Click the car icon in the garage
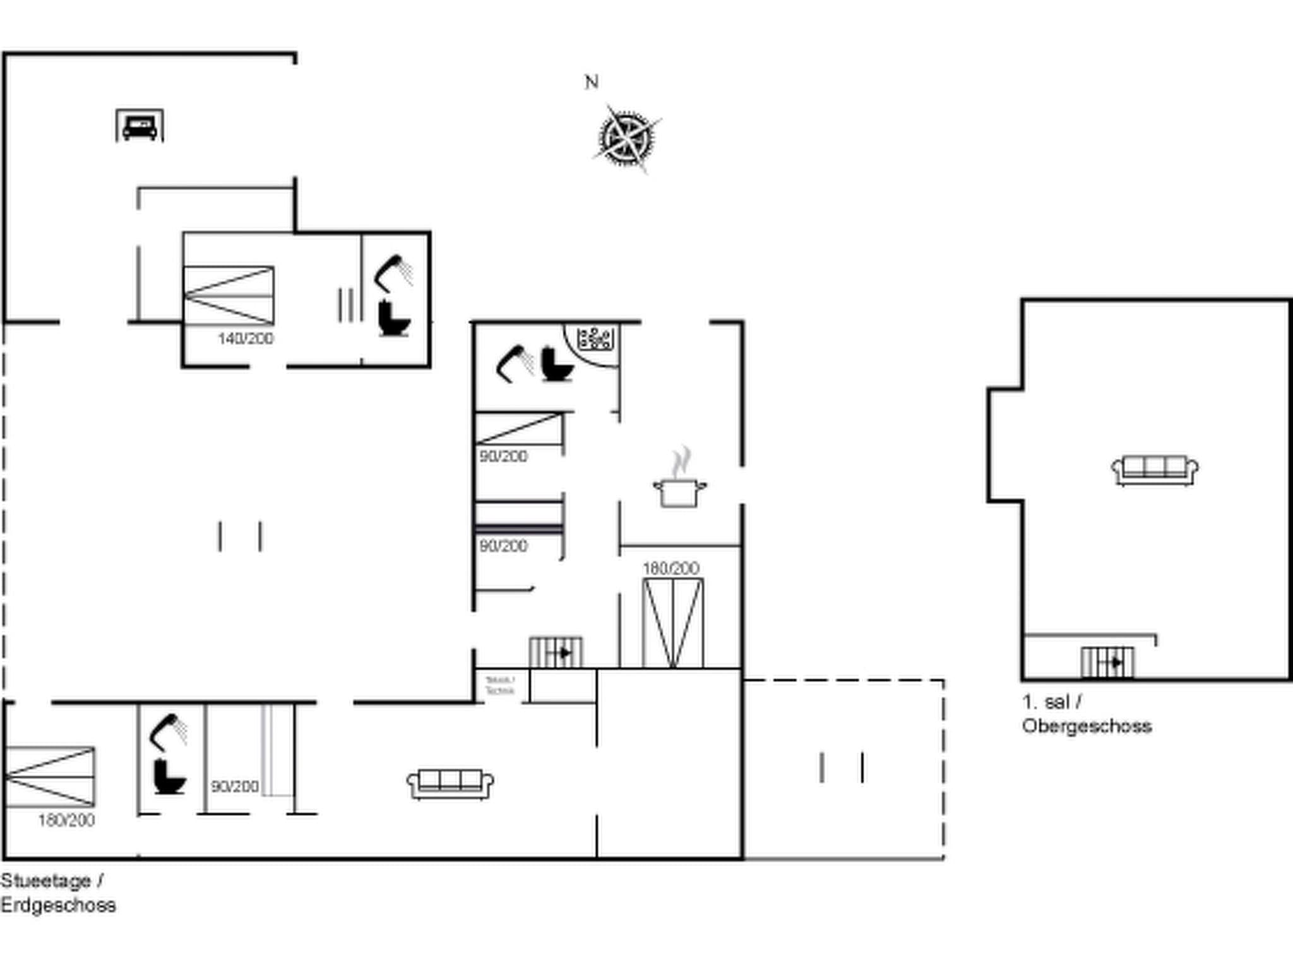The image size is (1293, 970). point(140,126)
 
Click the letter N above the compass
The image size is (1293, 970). point(592,82)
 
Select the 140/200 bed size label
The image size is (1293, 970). point(246,338)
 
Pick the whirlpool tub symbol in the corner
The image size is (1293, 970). point(595,338)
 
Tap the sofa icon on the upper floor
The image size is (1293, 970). point(1154,470)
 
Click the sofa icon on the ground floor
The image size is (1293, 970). point(450,784)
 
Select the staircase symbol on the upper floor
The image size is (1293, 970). point(1107,662)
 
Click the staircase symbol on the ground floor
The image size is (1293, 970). point(556,652)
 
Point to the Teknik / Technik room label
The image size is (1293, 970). point(500,685)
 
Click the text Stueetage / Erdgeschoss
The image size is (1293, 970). point(57,892)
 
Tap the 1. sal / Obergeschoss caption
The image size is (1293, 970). point(1086,714)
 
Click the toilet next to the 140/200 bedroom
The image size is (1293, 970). point(395,319)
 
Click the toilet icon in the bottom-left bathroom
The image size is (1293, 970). point(169,777)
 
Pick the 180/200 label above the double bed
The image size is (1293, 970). point(670,568)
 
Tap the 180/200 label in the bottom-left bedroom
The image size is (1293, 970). point(66,820)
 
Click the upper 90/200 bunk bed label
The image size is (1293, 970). point(503,456)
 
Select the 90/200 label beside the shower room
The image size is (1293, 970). point(234,786)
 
